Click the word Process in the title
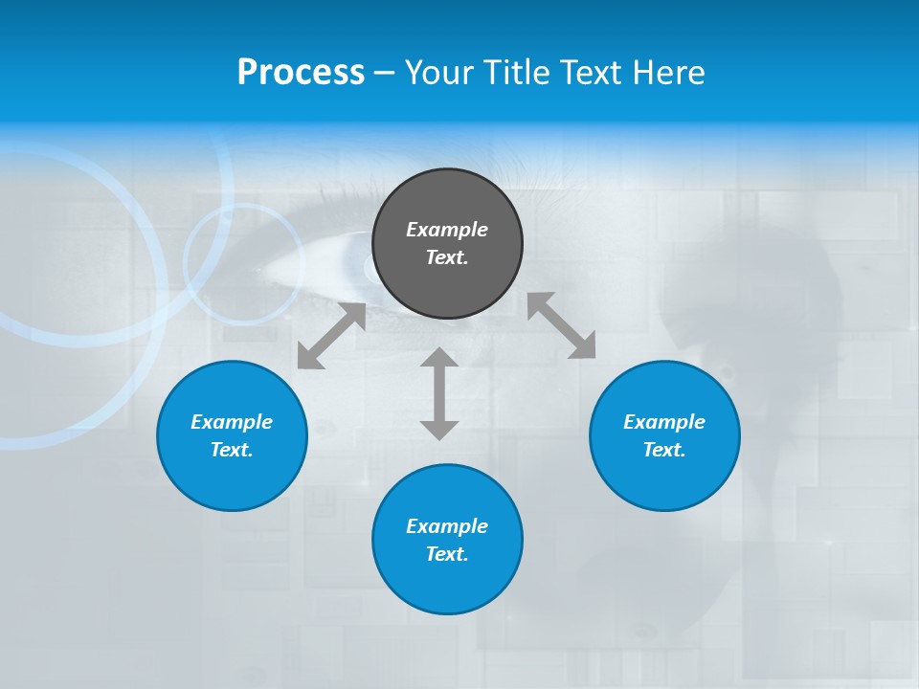[301, 73]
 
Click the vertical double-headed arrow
[439, 393]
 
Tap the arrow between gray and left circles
[331, 336]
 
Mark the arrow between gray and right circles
[561, 325]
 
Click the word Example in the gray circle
[447, 230]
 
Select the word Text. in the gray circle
[447, 257]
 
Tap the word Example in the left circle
[232, 422]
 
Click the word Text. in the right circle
[664, 450]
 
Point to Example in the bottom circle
[447, 526]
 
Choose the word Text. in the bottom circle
[447, 554]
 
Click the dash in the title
[384, 73]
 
